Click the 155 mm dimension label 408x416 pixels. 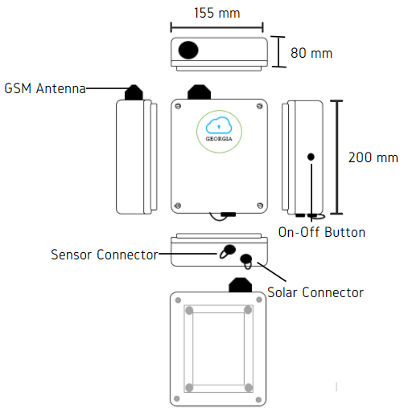point(217,13)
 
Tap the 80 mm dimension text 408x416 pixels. point(311,53)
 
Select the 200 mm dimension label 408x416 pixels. point(373,157)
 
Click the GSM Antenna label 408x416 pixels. point(45,88)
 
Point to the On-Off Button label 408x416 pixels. point(322,232)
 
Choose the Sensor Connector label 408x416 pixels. point(105,255)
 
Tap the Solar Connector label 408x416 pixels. point(315,292)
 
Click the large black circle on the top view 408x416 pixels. point(188,50)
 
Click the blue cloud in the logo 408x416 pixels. point(219,125)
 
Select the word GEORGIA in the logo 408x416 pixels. point(219,139)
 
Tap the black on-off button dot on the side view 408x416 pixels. point(311,157)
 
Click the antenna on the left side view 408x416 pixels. point(134,92)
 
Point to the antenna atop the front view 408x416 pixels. point(199,92)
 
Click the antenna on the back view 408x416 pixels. point(241,285)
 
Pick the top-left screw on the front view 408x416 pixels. point(178,106)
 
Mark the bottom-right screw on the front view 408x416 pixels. point(260,206)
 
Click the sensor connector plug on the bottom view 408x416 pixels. point(228,251)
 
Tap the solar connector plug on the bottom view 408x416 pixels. point(246,261)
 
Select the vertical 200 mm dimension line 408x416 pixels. point(337,157)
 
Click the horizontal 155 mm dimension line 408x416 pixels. point(217,27)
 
